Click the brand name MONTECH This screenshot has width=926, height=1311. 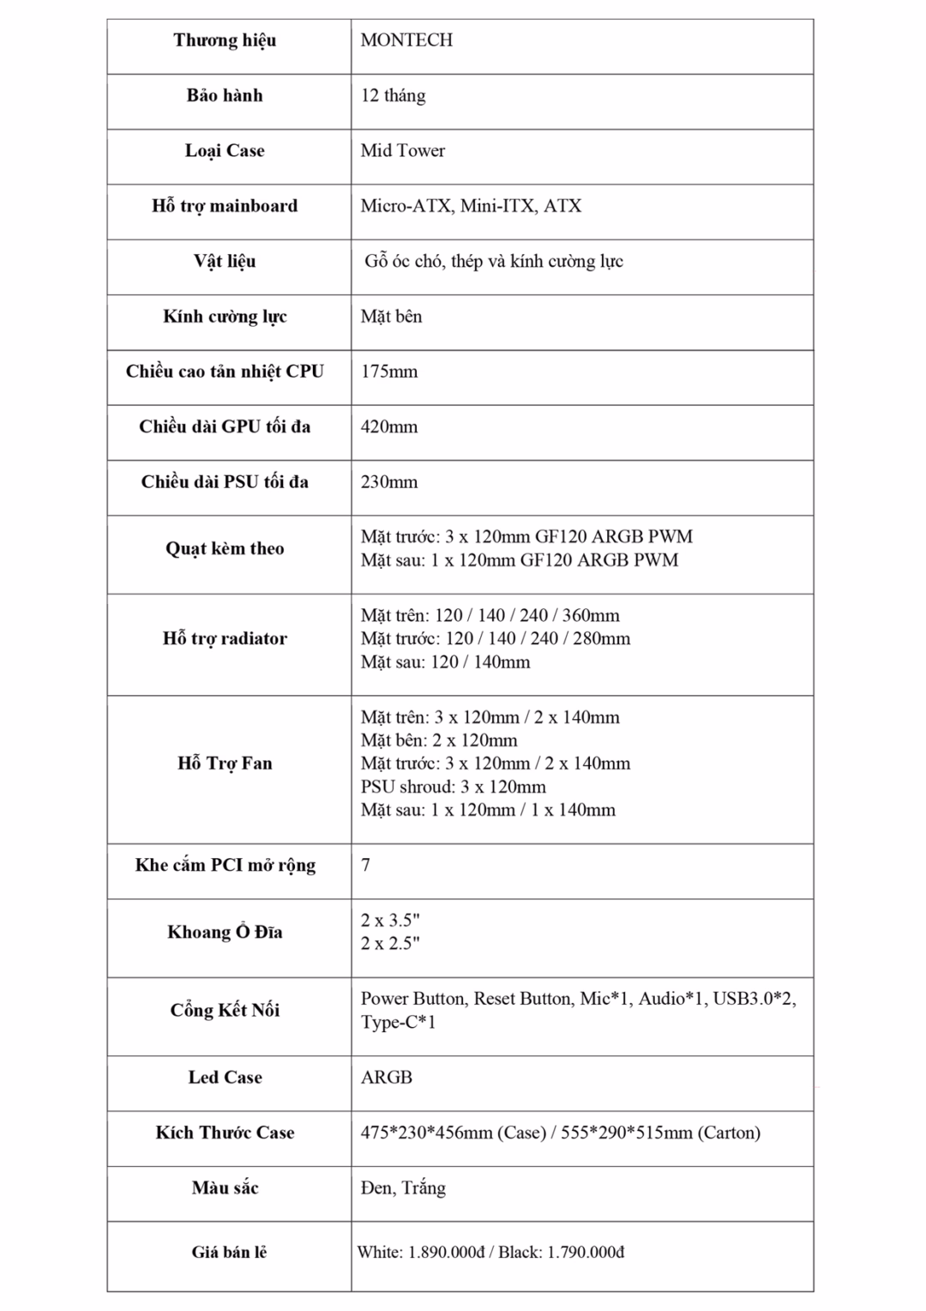coord(406,40)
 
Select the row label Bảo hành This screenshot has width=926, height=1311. coord(225,95)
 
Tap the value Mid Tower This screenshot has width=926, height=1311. coord(403,151)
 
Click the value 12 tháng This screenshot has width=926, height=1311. coord(393,95)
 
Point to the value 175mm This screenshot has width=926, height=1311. coord(389,372)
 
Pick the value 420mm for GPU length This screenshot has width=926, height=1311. coord(389,426)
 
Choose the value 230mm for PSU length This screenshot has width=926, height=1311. coord(389,482)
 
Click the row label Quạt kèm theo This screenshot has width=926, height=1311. coord(225,548)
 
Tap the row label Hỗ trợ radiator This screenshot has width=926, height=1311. coord(225,638)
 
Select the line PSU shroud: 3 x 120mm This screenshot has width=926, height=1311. coord(453,787)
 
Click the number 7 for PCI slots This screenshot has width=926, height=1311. coord(366,865)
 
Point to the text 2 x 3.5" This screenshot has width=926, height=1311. coord(390,921)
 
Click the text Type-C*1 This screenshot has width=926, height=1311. coord(398,1022)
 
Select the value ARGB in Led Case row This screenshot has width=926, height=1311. coord(387,1078)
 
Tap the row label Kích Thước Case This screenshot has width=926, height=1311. coord(225,1133)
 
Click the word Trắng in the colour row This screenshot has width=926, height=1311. coord(423,1188)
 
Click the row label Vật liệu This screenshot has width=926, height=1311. coord(225,261)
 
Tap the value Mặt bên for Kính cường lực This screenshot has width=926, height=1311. coord(391,317)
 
